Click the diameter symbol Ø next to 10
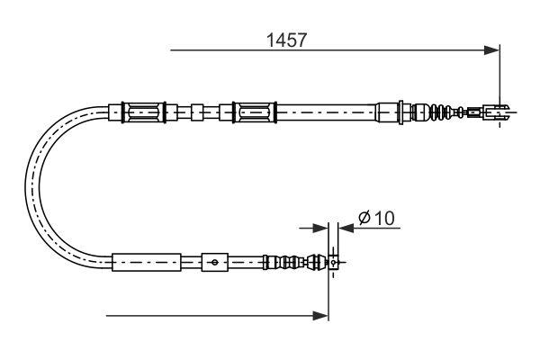(x=364, y=218)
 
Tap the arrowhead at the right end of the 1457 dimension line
(x=492, y=49)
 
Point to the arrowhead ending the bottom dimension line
(x=321, y=315)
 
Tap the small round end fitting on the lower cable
(x=333, y=263)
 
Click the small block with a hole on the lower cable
(x=213, y=263)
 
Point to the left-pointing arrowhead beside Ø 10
(x=345, y=229)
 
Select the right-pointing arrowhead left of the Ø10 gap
(x=320, y=229)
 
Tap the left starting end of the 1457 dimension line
(x=171, y=49)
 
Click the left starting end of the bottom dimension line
(x=106, y=315)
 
